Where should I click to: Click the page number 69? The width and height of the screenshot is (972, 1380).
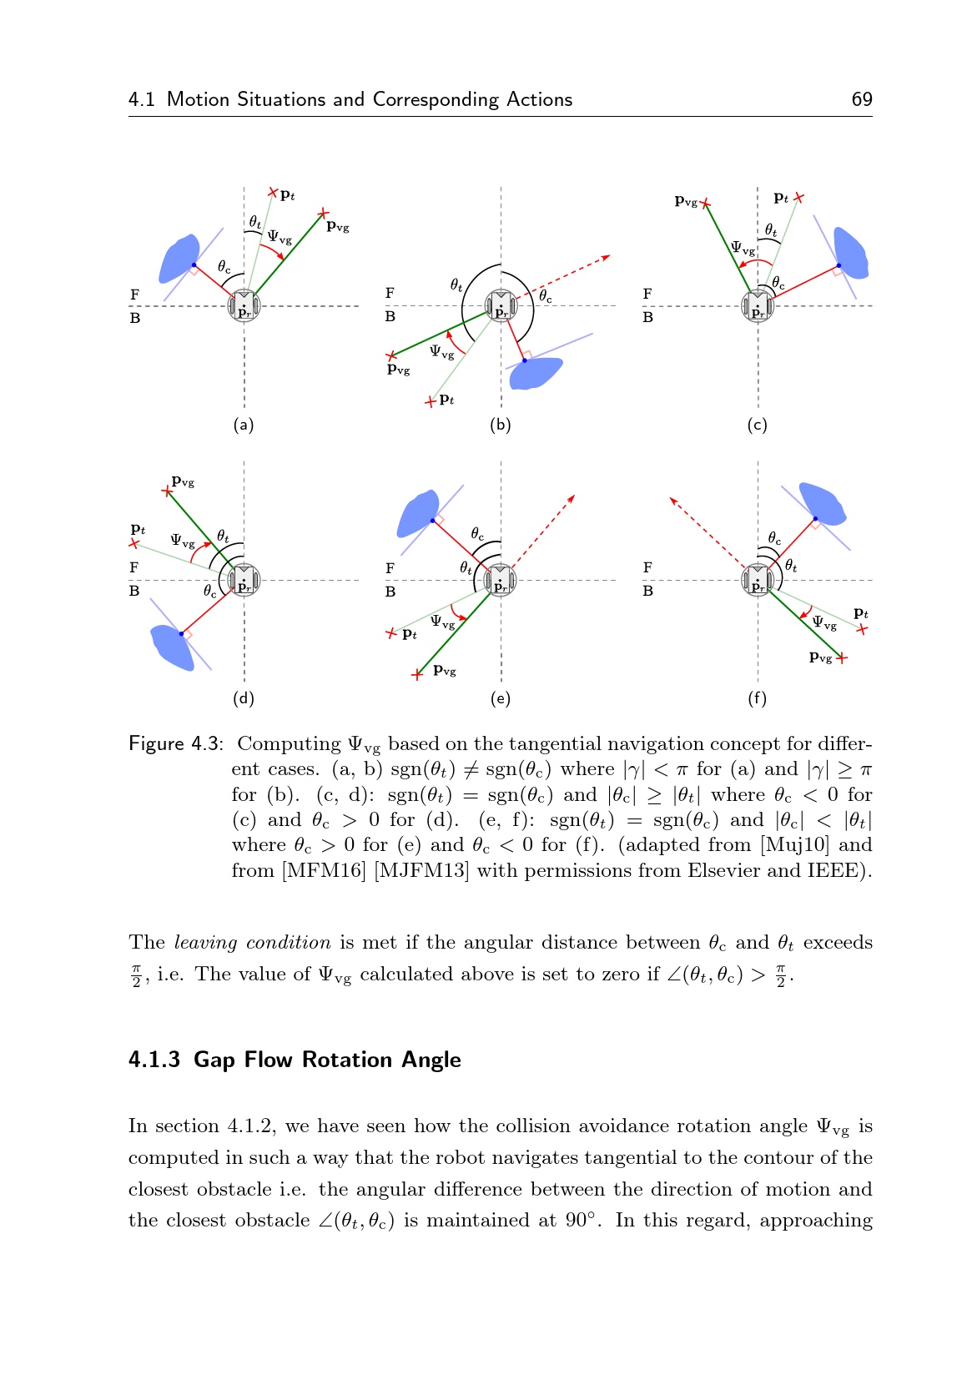[861, 99]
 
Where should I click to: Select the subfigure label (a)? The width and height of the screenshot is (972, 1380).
[244, 425]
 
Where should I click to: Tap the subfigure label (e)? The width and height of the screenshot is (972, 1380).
[500, 698]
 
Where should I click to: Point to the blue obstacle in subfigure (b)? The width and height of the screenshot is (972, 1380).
[535, 373]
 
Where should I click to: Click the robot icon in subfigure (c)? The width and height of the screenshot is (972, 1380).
[758, 306]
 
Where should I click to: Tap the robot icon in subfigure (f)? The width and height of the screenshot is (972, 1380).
[758, 580]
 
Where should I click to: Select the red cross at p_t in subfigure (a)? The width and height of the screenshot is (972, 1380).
[273, 193]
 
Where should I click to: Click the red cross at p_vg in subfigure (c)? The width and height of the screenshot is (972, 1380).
[705, 203]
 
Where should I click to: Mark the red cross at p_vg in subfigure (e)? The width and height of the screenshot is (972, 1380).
[418, 674]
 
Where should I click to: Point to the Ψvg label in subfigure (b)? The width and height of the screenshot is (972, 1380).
[441, 351]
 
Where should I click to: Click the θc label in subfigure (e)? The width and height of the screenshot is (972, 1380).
[477, 533]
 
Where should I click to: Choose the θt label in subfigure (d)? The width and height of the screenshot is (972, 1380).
[223, 536]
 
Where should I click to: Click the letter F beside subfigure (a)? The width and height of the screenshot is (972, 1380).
[135, 295]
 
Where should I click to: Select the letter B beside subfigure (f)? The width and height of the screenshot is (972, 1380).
[647, 591]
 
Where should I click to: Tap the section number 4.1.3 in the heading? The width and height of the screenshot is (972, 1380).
[154, 1060]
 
